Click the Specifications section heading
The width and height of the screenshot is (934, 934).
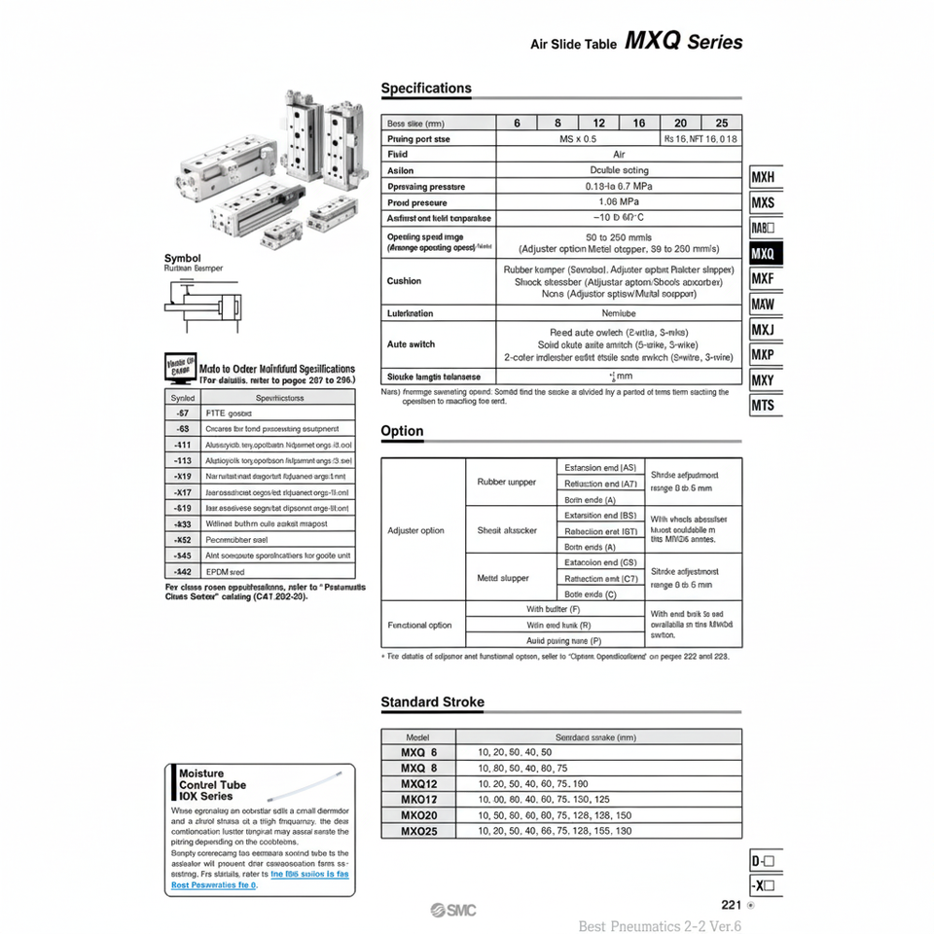click(x=426, y=89)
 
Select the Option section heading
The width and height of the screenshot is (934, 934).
click(x=402, y=431)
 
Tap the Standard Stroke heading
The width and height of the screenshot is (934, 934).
click(x=432, y=701)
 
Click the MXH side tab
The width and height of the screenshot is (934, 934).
click(x=764, y=179)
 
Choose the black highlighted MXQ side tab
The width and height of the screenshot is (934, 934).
click(x=764, y=254)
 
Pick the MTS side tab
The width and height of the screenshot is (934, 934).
click(x=764, y=405)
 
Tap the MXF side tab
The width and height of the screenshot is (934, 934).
click(x=764, y=279)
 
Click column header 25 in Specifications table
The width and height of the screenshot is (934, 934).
click(x=721, y=123)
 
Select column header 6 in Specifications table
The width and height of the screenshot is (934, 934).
click(x=517, y=123)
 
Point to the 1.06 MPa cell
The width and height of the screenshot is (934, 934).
click(x=619, y=202)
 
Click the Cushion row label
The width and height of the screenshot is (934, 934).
click(x=405, y=281)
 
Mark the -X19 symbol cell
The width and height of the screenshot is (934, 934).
click(x=182, y=476)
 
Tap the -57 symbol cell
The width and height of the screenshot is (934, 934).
click(x=182, y=413)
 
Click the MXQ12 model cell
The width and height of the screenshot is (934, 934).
click(x=419, y=783)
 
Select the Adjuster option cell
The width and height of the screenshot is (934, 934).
click(x=416, y=530)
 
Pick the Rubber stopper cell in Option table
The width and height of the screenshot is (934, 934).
click(x=507, y=482)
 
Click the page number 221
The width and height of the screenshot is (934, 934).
click(x=732, y=904)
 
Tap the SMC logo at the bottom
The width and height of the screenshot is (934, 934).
click(x=455, y=910)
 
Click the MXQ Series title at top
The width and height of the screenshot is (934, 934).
click(x=683, y=42)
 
